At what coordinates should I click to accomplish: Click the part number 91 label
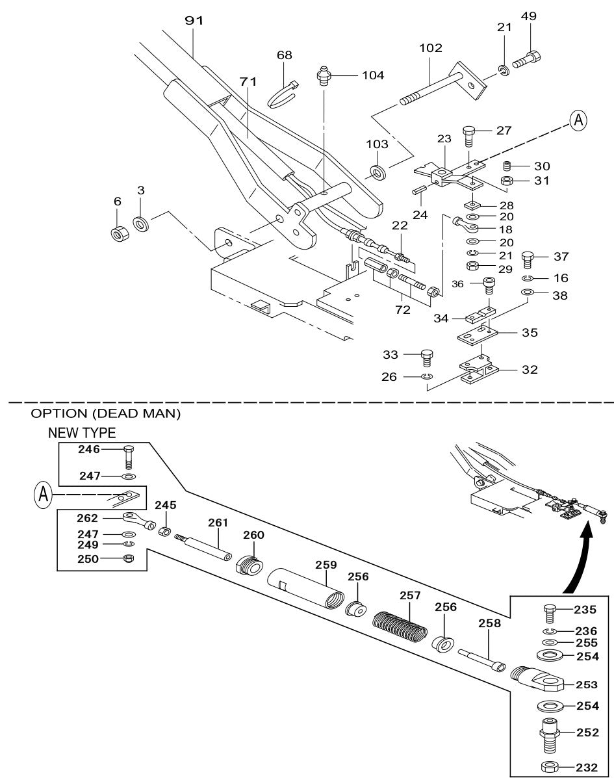(x=194, y=21)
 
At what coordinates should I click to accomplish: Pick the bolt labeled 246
(x=127, y=457)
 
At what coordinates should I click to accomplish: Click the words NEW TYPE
(x=81, y=433)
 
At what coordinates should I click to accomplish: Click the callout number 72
(x=403, y=311)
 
